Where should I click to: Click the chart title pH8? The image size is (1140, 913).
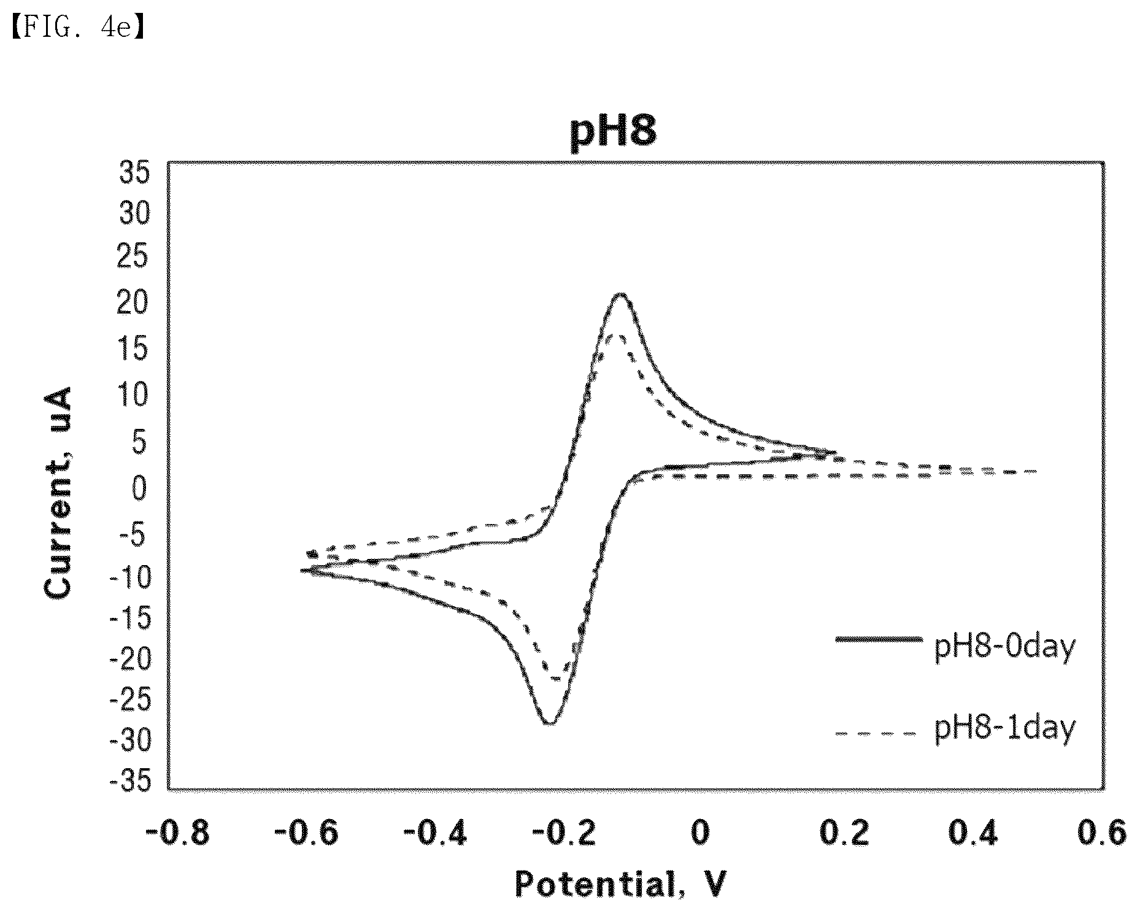click(x=614, y=132)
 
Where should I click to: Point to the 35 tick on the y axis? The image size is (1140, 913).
click(x=134, y=174)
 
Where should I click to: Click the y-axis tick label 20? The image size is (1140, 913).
click(x=134, y=305)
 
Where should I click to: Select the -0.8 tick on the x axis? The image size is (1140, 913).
click(x=177, y=833)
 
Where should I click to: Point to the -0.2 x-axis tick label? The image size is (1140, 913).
click(x=563, y=833)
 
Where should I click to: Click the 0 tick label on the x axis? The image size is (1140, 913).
click(x=700, y=833)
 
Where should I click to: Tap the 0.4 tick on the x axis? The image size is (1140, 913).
click(x=973, y=833)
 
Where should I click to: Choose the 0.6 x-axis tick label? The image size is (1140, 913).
click(x=1102, y=833)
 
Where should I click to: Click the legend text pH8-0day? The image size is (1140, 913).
click(x=1005, y=647)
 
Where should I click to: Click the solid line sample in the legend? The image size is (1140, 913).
click(x=879, y=639)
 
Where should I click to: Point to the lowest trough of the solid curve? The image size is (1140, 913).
click(x=549, y=723)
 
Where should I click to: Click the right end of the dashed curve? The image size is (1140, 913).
click(x=1037, y=471)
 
